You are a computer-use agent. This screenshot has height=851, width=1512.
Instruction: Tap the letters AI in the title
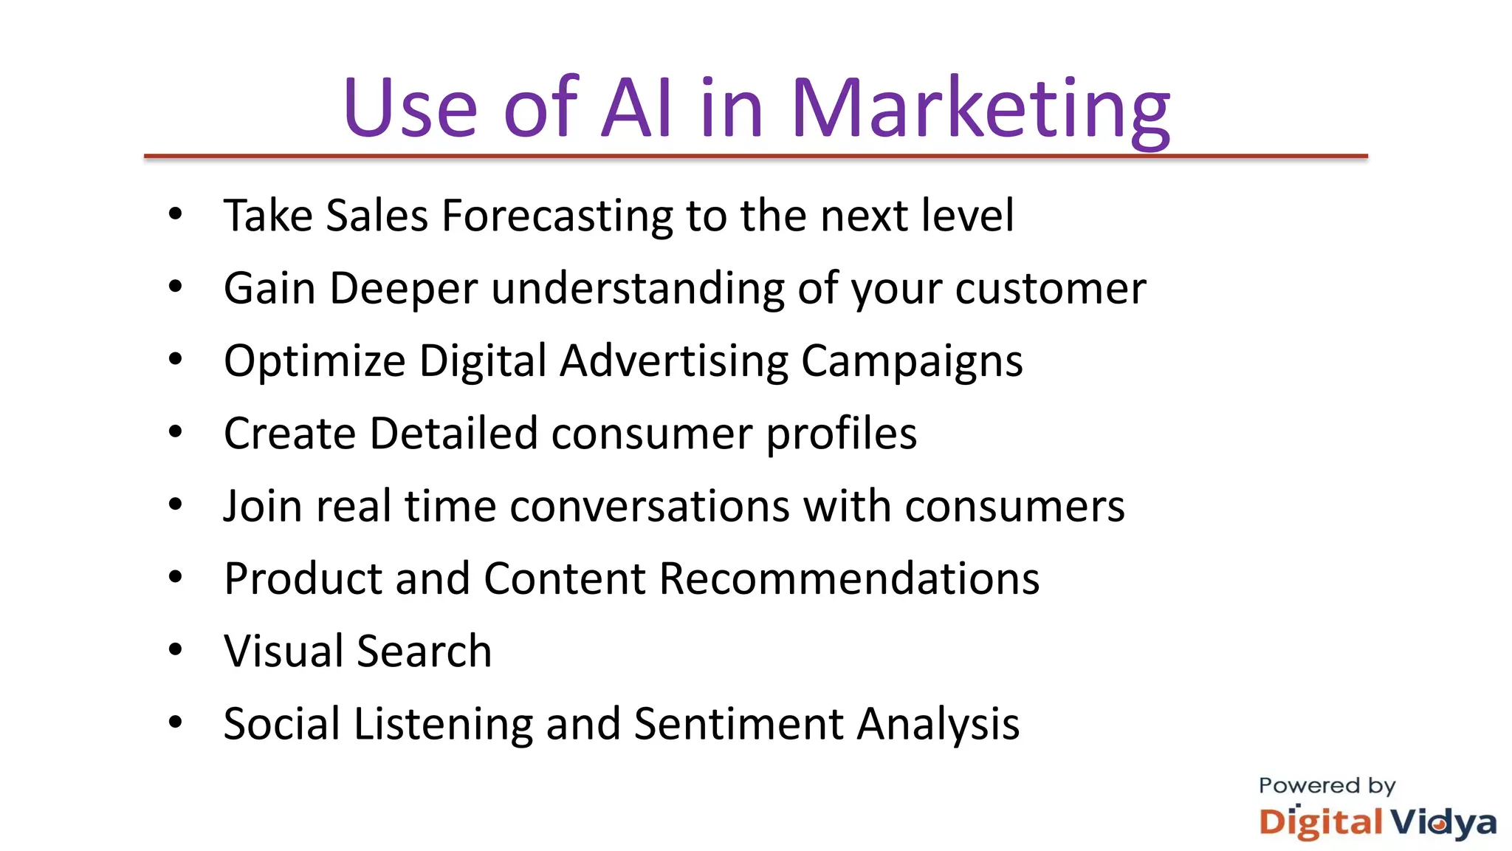pos(637,109)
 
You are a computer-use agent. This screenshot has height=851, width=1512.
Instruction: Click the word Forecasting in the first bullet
pos(557,216)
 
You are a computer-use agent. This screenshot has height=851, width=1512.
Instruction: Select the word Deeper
pos(403,288)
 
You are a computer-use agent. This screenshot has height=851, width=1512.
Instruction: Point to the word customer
pos(1050,288)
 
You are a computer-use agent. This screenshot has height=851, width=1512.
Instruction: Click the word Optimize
pos(315,361)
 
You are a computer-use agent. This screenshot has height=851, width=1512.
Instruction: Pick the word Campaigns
pos(912,361)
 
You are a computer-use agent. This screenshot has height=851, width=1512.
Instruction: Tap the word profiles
pos(841,434)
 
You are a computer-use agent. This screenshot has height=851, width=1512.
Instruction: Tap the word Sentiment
pos(738,724)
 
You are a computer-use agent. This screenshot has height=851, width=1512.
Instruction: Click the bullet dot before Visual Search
pos(175,650)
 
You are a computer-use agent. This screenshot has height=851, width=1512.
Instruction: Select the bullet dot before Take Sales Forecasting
pos(175,215)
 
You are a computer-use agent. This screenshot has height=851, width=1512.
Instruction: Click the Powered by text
pos(1327,786)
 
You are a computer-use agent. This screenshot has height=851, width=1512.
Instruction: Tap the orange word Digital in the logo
pos(1320,822)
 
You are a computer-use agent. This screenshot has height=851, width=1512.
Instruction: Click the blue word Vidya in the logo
pos(1443,822)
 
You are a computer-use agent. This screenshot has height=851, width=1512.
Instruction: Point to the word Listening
pos(443,724)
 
